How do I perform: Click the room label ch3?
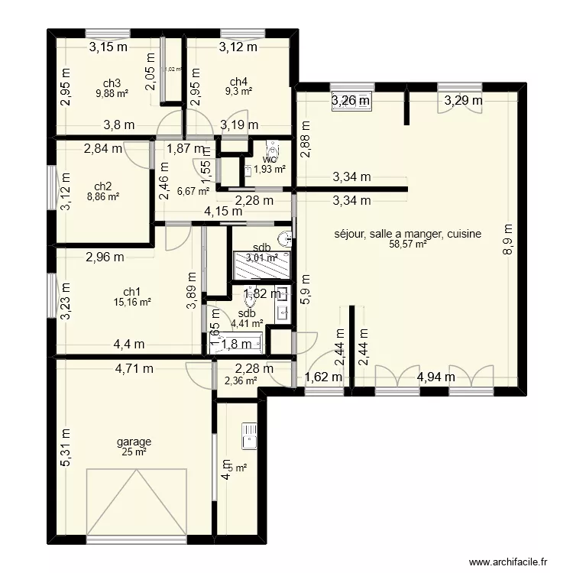coord(112,83)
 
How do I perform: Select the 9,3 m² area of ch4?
coord(238,92)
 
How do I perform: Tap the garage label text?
coord(134,442)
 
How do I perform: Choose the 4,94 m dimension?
coord(435,377)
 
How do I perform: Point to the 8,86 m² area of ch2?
coord(102,196)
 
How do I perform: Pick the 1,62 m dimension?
coord(322,377)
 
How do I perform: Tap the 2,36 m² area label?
coord(241,380)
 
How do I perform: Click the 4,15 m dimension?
coord(223,212)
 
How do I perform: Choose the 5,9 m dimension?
coord(304,290)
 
